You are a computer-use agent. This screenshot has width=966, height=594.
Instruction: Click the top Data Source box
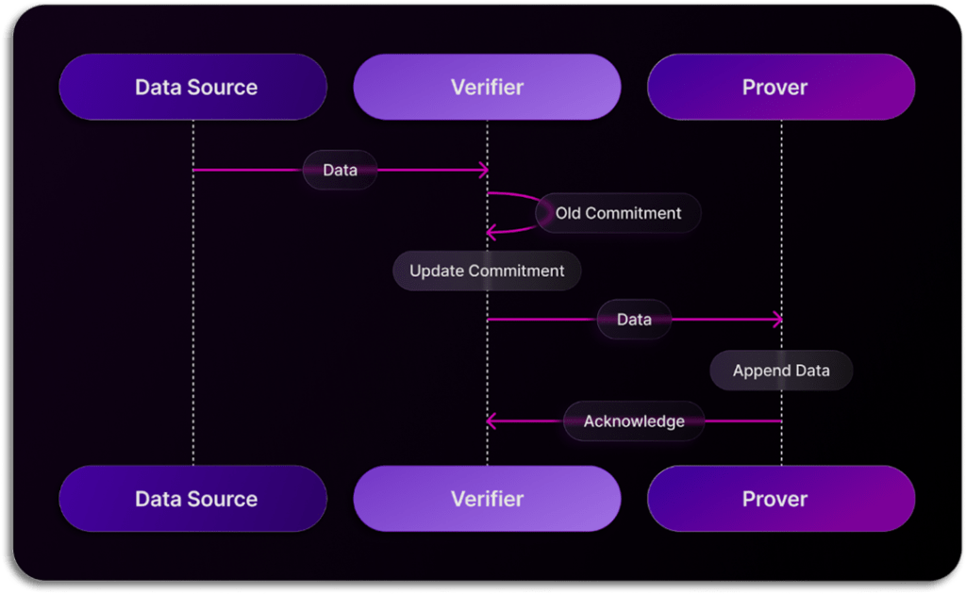[192, 87]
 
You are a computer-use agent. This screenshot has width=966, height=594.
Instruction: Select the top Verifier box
[487, 87]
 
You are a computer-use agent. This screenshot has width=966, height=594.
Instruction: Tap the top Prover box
[781, 87]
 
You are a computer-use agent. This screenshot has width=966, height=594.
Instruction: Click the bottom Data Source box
[192, 498]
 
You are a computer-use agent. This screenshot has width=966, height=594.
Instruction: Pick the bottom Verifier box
[487, 498]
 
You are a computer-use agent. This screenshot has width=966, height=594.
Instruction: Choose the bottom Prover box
[781, 498]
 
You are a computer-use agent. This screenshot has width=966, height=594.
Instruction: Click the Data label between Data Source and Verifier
[340, 171]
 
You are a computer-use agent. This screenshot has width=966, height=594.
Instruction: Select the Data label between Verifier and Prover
[634, 320]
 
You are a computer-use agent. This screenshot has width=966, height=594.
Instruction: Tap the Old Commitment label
[618, 213]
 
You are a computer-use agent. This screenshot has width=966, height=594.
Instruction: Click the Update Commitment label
[487, 271]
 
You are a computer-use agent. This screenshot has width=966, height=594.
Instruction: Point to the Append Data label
[781, 371]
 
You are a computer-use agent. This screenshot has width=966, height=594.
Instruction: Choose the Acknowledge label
[634, 421]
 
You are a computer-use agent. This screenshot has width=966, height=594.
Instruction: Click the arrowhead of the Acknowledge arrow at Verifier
[491, 421]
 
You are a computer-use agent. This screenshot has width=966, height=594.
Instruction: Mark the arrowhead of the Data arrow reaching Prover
[777, 320]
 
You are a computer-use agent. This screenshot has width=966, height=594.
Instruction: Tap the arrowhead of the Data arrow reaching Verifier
[483, 171]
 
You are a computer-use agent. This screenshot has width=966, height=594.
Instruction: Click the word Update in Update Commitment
[433, 271]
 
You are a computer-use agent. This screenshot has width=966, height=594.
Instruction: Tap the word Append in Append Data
[760, 371]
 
